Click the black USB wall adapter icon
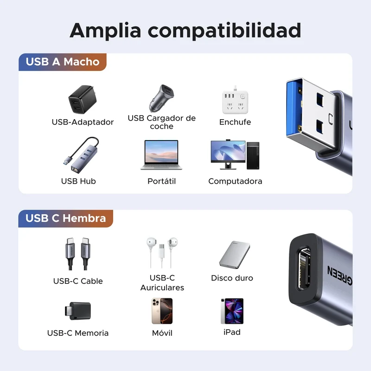click(x=83, y=99)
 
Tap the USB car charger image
click(x=161, y=98)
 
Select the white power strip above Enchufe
click(x=235, y=101)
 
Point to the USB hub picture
click(x=81, y=154)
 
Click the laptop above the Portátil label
click(x=161, y=155)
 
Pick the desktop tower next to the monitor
click(x=253, y=155)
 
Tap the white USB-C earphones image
click(x=162, y=252)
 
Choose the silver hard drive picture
click(x=235, y=255)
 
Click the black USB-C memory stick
click(x=78, y=311)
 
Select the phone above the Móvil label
click(x=162, y=311)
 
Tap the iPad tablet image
click(x=232, y=311)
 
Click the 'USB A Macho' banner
click(x=63, y=62)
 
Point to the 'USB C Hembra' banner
click(x=65, y=218)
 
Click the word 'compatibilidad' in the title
click(x=224, y=31)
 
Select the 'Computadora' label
click(x=235, y=181)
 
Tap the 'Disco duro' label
click(x=232, y=278)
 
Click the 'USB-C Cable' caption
click(x=78, y=281)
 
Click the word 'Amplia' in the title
click(x=105, y=31)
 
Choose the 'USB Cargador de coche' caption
click(x=161, y=122)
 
